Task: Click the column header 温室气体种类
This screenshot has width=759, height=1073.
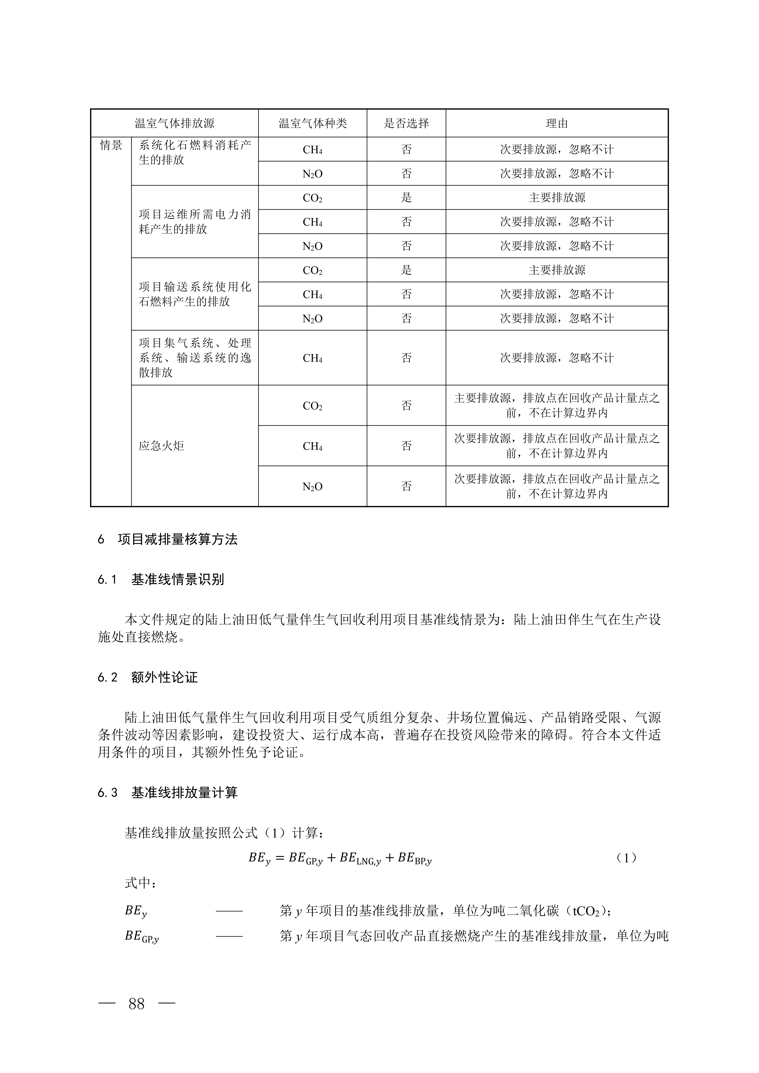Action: click(313, 123)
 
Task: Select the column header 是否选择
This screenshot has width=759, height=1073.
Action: click(406, 123)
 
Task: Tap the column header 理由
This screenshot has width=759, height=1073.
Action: click(557, 123)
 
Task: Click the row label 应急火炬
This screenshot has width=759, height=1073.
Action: click(161, 446)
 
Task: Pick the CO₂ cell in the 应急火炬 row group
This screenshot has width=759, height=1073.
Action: click(313, 406)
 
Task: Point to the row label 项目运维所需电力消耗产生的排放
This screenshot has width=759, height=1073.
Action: click(194, 222)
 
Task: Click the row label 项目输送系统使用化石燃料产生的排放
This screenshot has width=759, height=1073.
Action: click(194, 294)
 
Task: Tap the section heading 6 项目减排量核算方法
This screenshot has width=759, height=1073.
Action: click(167, 539)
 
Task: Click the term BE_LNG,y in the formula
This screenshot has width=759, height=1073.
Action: click(360, 859)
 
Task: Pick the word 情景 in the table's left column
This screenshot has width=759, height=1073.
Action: click(111, 145)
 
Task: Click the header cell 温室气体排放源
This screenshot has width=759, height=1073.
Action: click(174, 123)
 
